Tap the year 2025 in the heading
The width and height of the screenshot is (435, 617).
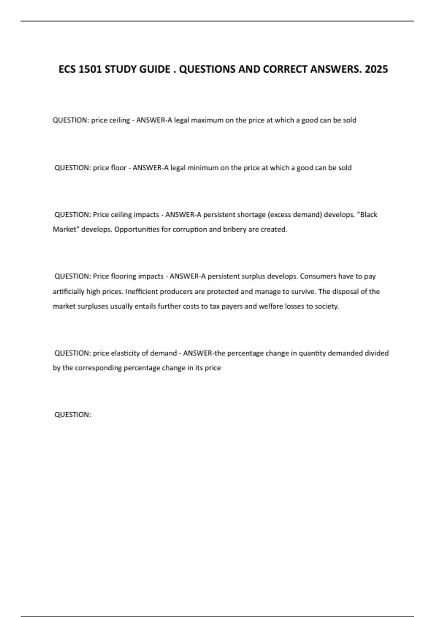376,69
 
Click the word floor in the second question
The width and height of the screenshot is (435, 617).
119,168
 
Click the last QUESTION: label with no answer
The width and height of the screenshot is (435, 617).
72,415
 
